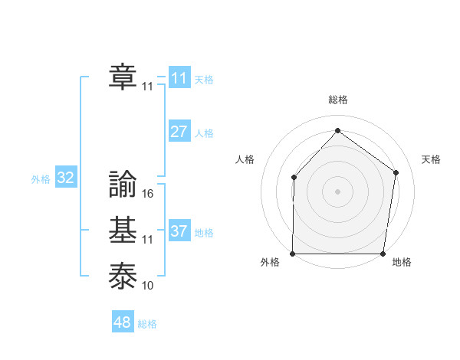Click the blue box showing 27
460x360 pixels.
point(179,132)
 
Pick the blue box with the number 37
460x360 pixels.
point(179,231)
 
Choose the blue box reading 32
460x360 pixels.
point(65,178)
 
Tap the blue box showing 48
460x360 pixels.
point(123,322)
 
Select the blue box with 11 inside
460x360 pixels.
point(179,78)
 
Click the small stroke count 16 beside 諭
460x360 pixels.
point(148,194)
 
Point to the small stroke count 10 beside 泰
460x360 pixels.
point(148,286)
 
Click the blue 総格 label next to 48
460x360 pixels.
point(147,324)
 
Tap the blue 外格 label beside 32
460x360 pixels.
point(41,179)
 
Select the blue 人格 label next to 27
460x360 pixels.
point(204,133)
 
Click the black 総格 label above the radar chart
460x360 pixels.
point(337,100)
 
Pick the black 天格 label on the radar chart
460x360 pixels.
point(431,159)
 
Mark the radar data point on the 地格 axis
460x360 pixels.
point(383,254)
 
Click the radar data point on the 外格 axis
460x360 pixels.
point(292,254)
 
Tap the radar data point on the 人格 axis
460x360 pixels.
point(294,178)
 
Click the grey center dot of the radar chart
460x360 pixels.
point(337,191)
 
